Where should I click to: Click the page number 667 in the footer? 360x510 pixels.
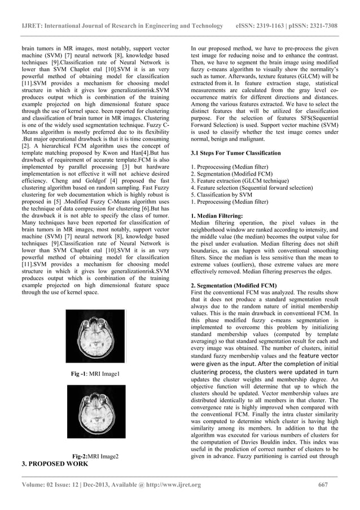[x=323, y=484]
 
